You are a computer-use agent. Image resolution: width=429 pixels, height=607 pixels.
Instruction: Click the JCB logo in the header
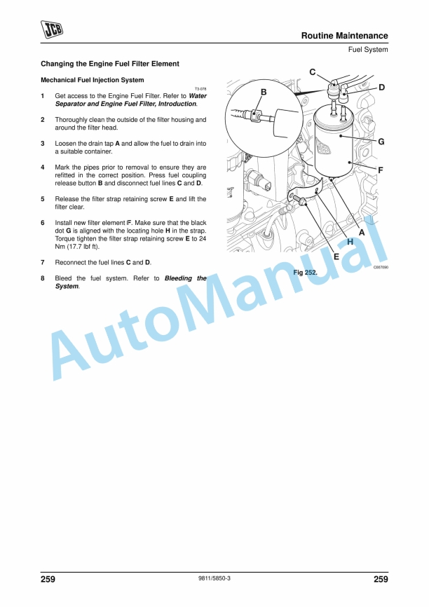coord(52,29)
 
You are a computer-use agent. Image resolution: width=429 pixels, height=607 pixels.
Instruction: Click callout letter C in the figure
coord(313,72)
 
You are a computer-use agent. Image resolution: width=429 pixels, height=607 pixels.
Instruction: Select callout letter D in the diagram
coord(382,88)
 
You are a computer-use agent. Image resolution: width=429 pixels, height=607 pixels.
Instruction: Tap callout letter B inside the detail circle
coord(264,92)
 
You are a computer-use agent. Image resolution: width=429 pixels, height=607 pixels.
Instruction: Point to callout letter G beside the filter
coord(381,142)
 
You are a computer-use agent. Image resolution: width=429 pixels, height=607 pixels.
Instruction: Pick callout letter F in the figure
coord(380,170)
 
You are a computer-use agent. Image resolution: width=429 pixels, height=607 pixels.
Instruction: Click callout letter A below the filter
coord(362,232)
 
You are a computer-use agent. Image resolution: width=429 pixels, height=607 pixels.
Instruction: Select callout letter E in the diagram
coord(336,257)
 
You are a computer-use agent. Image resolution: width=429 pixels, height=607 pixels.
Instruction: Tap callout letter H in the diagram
coord(350,242)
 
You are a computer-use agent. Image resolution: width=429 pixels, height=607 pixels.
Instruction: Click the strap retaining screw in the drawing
coord(299,199)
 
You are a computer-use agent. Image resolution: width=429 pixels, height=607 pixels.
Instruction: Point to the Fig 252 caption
coord(305,273)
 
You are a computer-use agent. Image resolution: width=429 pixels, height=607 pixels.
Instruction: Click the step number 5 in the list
coord(43,199)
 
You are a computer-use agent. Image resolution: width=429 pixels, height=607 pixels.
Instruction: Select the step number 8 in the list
coord(43,278)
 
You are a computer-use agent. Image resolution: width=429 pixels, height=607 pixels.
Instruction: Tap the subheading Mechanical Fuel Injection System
coord(92,80)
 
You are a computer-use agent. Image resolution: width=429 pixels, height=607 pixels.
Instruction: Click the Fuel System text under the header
coord(368,50)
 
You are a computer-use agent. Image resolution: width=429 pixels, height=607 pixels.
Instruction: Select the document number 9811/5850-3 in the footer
coord(214,578)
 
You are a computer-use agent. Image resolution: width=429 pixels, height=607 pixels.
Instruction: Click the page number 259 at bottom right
coord(381,579)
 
